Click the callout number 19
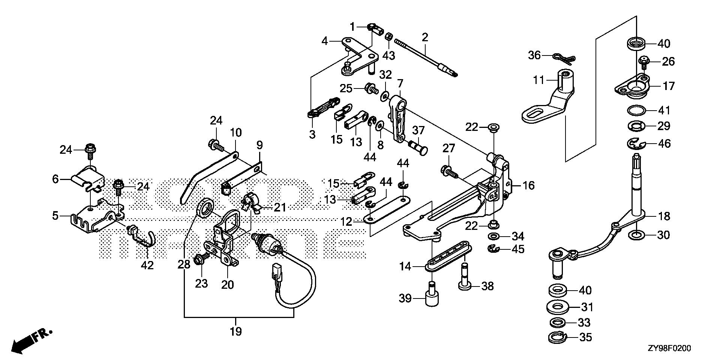(236, 331)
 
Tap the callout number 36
(534, 55)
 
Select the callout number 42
(147, 265)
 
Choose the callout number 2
(424, 37)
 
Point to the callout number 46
(664, 144)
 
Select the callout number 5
(55, 216)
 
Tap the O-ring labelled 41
(636, 111)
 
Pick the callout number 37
(418, 130)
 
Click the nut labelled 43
(389, 37)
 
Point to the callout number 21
(279, 207)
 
